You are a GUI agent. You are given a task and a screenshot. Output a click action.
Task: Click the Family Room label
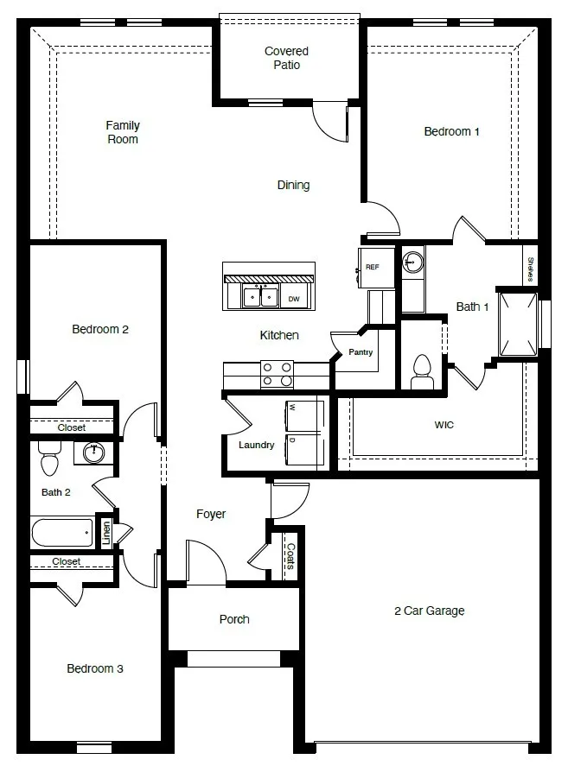123,132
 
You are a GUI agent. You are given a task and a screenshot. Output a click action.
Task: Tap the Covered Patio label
286,58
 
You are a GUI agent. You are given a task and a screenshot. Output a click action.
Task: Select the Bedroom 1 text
451,131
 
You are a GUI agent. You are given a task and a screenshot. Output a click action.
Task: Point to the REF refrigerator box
373,267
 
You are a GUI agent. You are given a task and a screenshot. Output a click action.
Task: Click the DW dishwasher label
294,299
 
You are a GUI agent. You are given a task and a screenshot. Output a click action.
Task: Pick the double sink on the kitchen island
259,297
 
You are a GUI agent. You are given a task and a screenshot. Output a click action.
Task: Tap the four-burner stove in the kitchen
277,374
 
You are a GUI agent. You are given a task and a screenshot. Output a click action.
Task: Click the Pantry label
361,352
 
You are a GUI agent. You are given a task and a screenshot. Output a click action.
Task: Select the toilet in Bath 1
422,370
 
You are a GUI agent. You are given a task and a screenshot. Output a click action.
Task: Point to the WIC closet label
444,425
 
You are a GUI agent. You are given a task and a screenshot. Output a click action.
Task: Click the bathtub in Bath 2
62,532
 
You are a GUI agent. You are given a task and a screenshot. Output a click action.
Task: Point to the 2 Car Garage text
429,611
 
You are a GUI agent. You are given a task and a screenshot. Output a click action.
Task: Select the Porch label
234,619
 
